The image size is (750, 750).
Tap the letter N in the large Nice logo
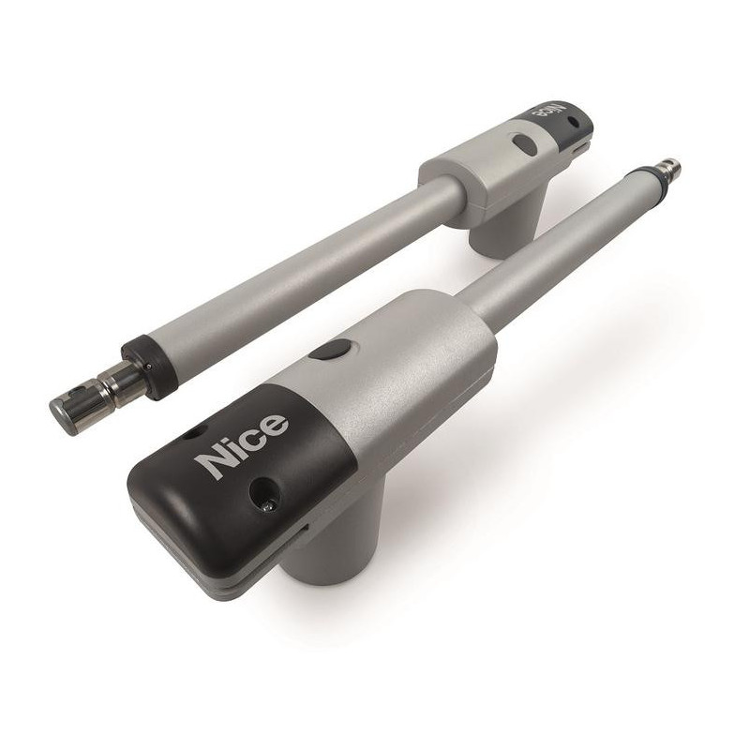(215, 461)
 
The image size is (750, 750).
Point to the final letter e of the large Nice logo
(276, 423)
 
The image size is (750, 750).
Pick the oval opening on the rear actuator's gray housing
(524, 144)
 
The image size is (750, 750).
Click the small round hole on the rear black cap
(574, 123)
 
